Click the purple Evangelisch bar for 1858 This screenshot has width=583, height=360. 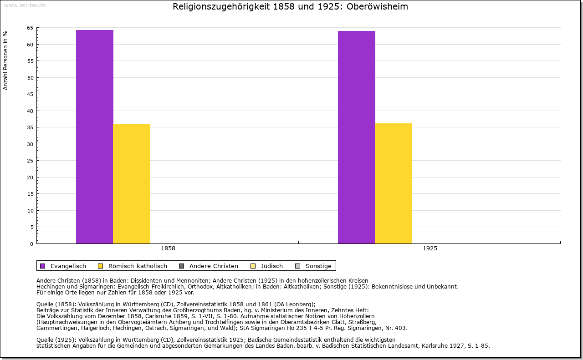(x=94, y=137)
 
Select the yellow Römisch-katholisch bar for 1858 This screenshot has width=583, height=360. (x=131, y=184)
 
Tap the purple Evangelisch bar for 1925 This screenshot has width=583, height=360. (x=356, y=137)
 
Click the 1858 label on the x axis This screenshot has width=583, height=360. (x=168, y=248)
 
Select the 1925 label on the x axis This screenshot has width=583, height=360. (x=430, y=248)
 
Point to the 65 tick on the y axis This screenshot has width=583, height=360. (x=30, y=28)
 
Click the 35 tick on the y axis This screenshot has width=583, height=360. (x=30, y=127)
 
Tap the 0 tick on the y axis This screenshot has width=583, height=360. (x=31, y=244)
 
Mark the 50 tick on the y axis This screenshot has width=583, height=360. (x=30, y=78)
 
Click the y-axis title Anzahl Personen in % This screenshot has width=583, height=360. (x=5, y=60)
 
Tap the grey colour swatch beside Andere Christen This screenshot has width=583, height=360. (x=181, y=266)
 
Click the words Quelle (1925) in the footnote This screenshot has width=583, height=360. (x=56, y=340)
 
